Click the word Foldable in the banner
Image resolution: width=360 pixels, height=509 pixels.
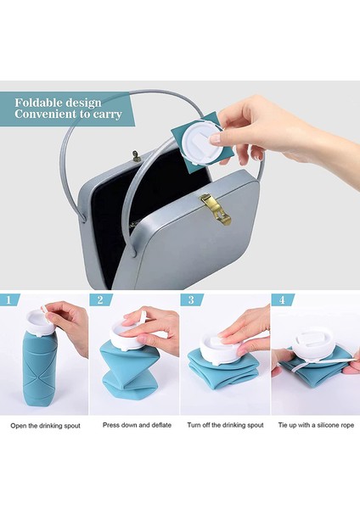tap(39, 103)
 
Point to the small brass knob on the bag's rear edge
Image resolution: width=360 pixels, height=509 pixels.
tap(137, 156)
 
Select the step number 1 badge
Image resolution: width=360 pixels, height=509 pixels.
tap(8, 299)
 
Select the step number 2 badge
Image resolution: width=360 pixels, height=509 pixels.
tap(101, 299)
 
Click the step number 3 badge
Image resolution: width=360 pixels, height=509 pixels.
tap(191, 299)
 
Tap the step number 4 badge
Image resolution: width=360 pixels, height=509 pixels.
tap(282, 299)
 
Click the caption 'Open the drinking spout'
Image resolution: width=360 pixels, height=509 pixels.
tap(45, 426)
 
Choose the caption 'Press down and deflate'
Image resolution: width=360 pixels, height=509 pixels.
tap(137, 425)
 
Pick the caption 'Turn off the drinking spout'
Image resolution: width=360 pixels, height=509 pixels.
tap(225, 425)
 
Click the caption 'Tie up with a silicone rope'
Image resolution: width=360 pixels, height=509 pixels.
tap(316, 425)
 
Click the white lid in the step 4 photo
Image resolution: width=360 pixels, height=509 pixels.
tap(314, 347)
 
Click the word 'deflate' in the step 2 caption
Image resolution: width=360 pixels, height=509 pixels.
tap(161, 425)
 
